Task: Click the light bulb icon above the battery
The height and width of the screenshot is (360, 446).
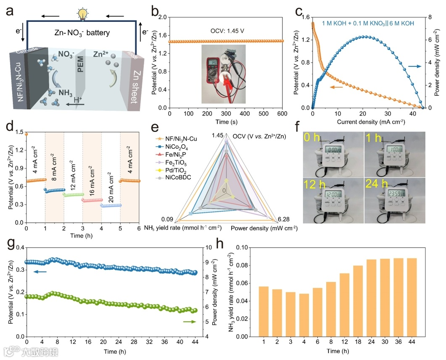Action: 83,14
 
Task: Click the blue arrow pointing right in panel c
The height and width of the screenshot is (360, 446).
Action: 414,66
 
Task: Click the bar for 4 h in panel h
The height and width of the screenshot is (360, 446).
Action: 304,315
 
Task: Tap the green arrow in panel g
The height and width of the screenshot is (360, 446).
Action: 190,322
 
